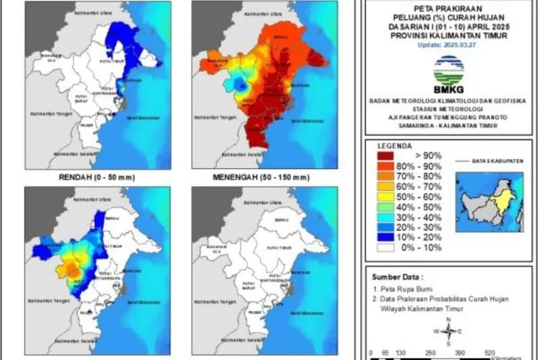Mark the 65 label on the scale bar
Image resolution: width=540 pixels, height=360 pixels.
coord(385,353)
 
